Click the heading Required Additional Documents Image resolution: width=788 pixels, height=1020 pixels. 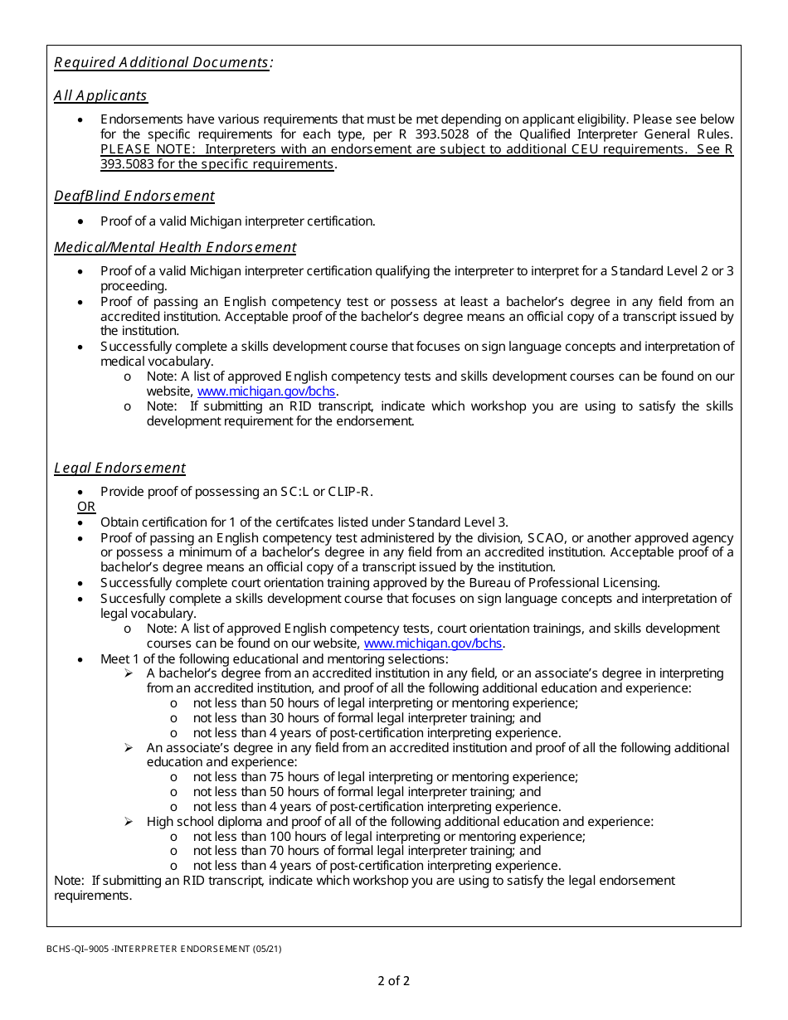click(x=163, y=63)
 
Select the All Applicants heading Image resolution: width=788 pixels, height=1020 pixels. click(x=100, y=95)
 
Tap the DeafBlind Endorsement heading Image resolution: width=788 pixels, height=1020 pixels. click(x=134, y=196)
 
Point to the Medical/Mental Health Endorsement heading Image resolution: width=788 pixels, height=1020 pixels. click(x=175, y=247)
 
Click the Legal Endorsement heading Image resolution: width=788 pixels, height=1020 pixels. click(x=119, y=468)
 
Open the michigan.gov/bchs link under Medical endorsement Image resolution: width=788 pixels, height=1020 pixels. click(x=266, y=391)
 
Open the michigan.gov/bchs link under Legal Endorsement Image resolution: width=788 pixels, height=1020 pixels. click(x=433, y=644)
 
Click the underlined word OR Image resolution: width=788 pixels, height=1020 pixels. click(x=86, y=507)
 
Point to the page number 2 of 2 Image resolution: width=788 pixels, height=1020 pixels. click(x=393, y=981)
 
